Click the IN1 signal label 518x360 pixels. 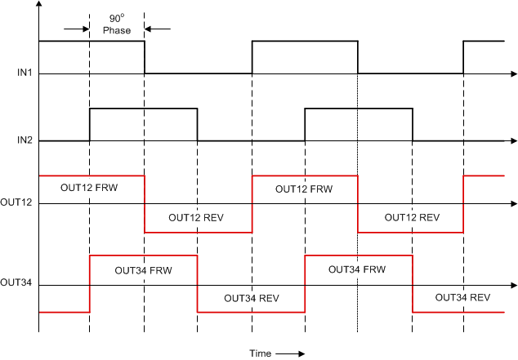24,73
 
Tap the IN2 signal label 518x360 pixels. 24,140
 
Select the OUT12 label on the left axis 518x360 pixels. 16,202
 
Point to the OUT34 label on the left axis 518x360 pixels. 16,283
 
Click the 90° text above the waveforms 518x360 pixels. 116,18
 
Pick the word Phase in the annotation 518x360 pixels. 116,30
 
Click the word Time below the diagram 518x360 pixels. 261,353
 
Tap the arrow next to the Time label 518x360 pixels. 290,353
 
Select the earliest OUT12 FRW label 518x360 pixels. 89,188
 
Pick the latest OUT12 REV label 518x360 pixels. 412,218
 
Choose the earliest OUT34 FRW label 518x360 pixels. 142,269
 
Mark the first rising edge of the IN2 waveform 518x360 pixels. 90,124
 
